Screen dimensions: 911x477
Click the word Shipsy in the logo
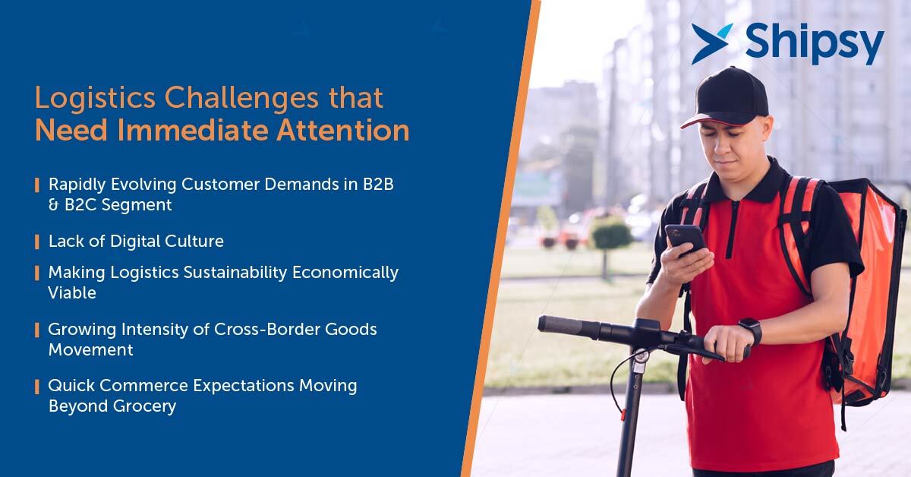coord(815,43)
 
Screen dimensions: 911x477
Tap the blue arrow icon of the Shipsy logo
coord(712,43)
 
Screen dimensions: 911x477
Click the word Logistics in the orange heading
coord(95,99)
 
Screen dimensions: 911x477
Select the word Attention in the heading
coord(343,130)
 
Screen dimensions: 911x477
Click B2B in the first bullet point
coord(378,184)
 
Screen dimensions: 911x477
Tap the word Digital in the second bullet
coord(135,241)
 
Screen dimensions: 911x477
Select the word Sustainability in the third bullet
coord(235,273)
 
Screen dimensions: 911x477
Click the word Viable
coord(72,292)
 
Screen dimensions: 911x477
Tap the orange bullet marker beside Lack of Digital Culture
coord(37,242)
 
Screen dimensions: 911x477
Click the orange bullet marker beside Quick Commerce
coord(37,387)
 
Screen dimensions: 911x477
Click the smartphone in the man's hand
coord(686,240)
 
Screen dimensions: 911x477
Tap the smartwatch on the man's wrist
coord(751,330)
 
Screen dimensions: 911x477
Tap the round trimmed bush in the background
coord(611,236)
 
